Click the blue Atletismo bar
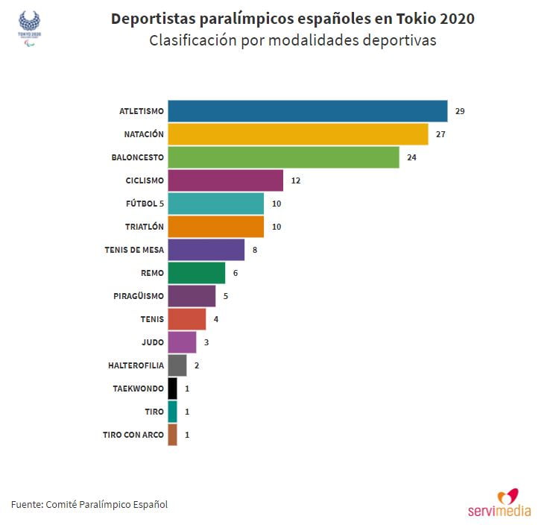(307, 111)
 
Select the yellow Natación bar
(297, 134)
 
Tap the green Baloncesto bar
(283, 157)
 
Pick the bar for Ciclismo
(225, 180)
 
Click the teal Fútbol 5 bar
(215, 204)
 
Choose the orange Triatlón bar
(215, 227)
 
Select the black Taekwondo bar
(172, 389)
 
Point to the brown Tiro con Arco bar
(172, 435)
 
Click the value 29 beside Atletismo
(460, 111)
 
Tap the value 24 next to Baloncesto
(411, 157)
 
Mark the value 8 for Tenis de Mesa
(255, 250)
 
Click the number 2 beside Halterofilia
(197, 365)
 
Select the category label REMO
(151, 273)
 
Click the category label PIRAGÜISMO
(138, 296)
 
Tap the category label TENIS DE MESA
(134, 250)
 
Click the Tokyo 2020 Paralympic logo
(29, 28)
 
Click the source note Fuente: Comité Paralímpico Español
(89, 505)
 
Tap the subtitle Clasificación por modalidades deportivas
(292, 41)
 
